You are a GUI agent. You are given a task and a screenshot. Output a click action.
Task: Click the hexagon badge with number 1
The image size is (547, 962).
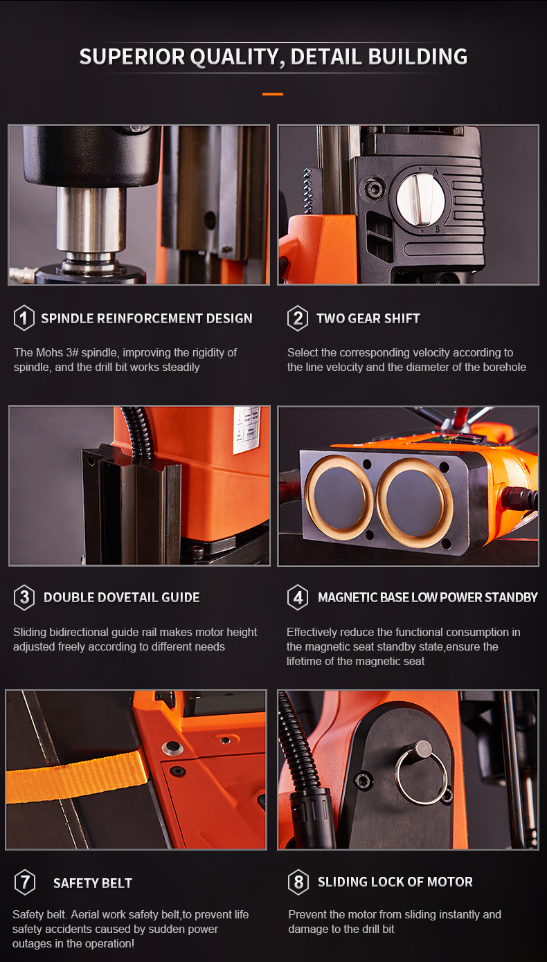tap(24, 318)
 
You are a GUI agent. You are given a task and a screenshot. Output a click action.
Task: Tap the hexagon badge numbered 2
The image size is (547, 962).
tap(298, 318)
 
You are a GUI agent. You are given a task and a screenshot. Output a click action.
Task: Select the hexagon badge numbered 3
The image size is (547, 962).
tap(24, 597)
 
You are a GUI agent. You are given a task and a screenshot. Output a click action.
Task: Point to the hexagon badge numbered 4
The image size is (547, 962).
tap(298, 597)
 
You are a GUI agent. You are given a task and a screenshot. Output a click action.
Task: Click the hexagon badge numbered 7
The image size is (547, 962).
tap(25, 882)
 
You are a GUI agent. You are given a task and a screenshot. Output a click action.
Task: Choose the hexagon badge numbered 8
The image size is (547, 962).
tap(298, 882)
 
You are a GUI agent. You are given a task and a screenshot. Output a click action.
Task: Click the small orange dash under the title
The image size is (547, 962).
tap(273, 93)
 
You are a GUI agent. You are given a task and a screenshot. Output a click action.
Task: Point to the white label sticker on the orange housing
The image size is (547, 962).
tap(247, 430)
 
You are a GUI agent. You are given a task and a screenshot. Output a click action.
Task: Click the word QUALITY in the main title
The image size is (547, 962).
tap(237, 57)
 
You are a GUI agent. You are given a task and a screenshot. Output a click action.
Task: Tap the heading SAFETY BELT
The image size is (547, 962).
tap(93, 883)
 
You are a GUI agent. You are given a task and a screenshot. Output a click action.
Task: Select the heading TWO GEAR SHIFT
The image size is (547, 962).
tap(368, 318)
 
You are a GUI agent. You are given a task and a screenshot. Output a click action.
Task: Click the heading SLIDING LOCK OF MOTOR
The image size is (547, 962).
tap(395, 882)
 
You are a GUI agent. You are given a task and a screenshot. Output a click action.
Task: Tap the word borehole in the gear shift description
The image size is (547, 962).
tap(505, 367)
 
